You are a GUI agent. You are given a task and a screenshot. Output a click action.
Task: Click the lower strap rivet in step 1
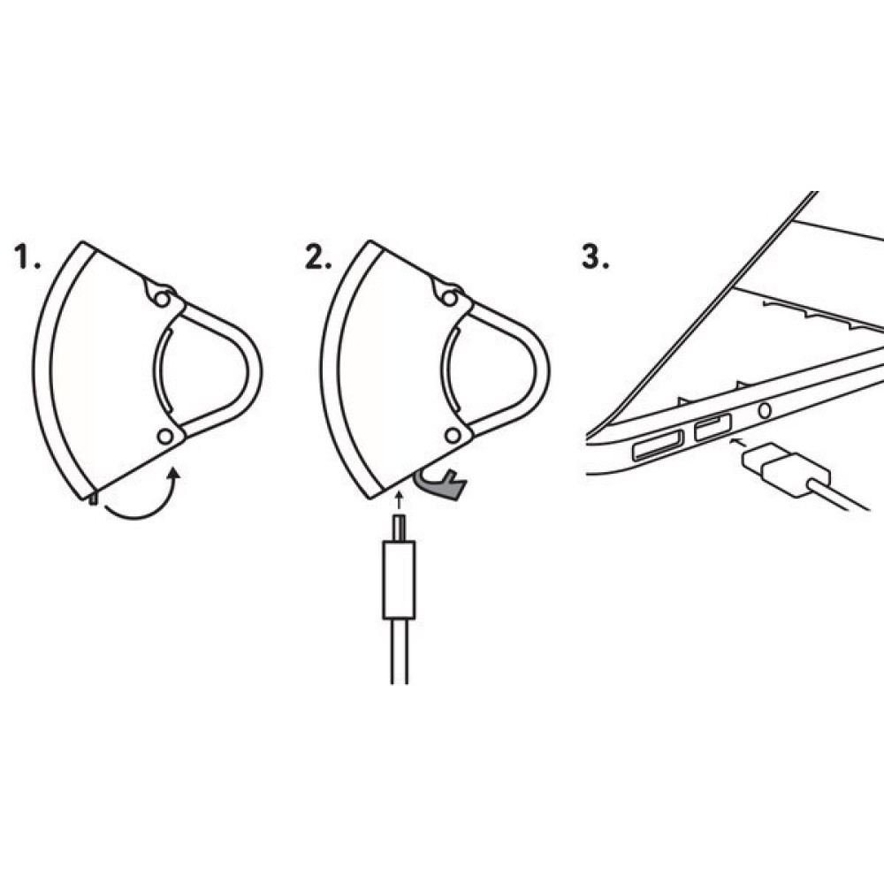[164, 437]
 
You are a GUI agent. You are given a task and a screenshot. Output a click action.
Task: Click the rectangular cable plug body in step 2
[398, 580]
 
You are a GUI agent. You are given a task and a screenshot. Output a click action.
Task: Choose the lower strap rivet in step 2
[453, 436]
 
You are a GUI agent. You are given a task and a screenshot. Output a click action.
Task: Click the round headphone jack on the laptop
[763, 410]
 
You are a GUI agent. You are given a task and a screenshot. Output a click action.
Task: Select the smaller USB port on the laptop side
[713, 428]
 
